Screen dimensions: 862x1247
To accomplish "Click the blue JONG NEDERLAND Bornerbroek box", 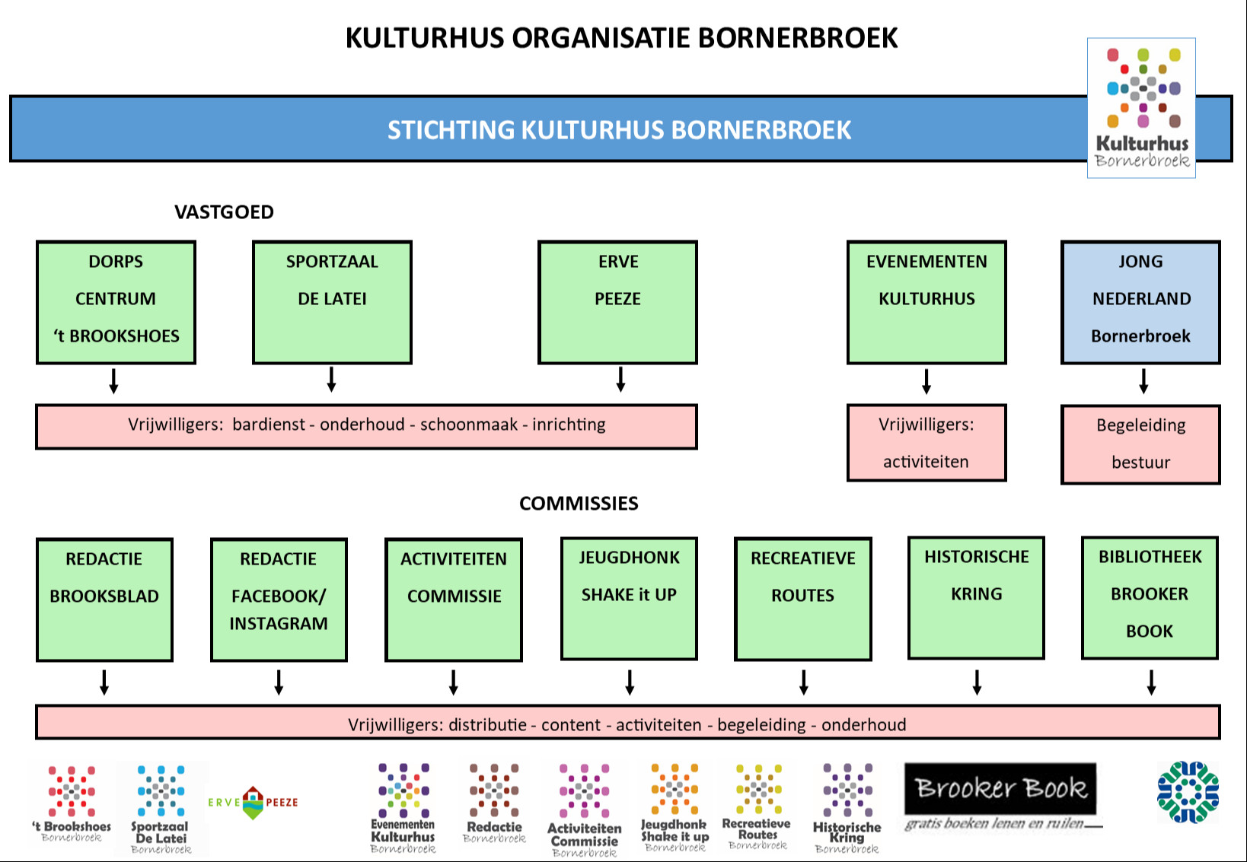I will [x=1140, y=302].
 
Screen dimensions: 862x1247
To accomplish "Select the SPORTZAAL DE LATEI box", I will [x=332, y=302].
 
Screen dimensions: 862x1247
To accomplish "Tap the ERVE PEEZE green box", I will [x=617, y=302].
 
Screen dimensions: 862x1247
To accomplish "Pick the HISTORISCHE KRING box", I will [x=976, y=597].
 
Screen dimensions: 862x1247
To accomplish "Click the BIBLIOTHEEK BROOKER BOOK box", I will [x=1150, y=597].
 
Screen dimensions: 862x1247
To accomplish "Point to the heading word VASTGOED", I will [x=224, y=212].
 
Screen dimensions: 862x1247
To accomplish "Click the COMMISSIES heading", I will [x=579, y=504].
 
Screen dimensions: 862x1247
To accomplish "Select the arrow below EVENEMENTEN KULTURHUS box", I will [x=926, y=381].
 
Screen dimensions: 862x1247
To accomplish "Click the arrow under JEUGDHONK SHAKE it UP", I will [x=630, y=682].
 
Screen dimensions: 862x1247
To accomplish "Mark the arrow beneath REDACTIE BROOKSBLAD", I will [x=104, y=682].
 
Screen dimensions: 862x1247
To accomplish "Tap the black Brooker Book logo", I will [x=1000, y=788].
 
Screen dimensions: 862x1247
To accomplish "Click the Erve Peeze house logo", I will [x=253, y=803].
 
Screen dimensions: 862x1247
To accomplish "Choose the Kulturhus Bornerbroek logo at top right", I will [x=1141, y=108].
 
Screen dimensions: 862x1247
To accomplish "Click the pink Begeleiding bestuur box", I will [x=1140, y=444].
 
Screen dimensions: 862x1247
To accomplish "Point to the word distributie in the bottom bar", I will [x=487, y=724].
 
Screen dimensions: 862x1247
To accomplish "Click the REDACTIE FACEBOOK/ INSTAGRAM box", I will [x=279, y=600].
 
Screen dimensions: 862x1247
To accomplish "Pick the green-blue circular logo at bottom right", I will [x=1188, y=792].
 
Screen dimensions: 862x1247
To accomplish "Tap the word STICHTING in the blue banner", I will [x=451, y=130].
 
